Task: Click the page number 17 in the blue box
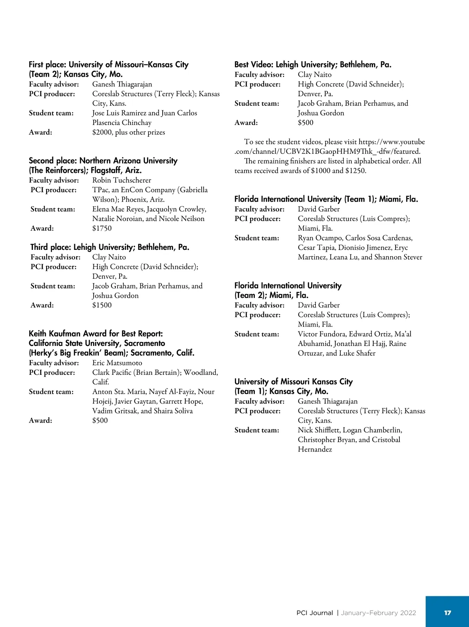click(448, 613)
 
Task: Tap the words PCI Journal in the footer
click(315, 613)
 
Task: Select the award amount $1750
click(102, 228)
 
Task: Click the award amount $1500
click(102, 305)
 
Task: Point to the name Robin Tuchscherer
click(122, 180)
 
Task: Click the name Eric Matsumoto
click(117, 363)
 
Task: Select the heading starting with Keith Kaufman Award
click(96, 334)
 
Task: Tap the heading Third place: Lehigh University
click(110, 247)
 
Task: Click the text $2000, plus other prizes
click(129, 132)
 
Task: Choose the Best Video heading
click(313, 65)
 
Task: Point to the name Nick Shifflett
click(319, 430)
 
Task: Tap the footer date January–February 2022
click(378, 613)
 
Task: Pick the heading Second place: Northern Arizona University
click(103, 161)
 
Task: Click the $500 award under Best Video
click(306, 123)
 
